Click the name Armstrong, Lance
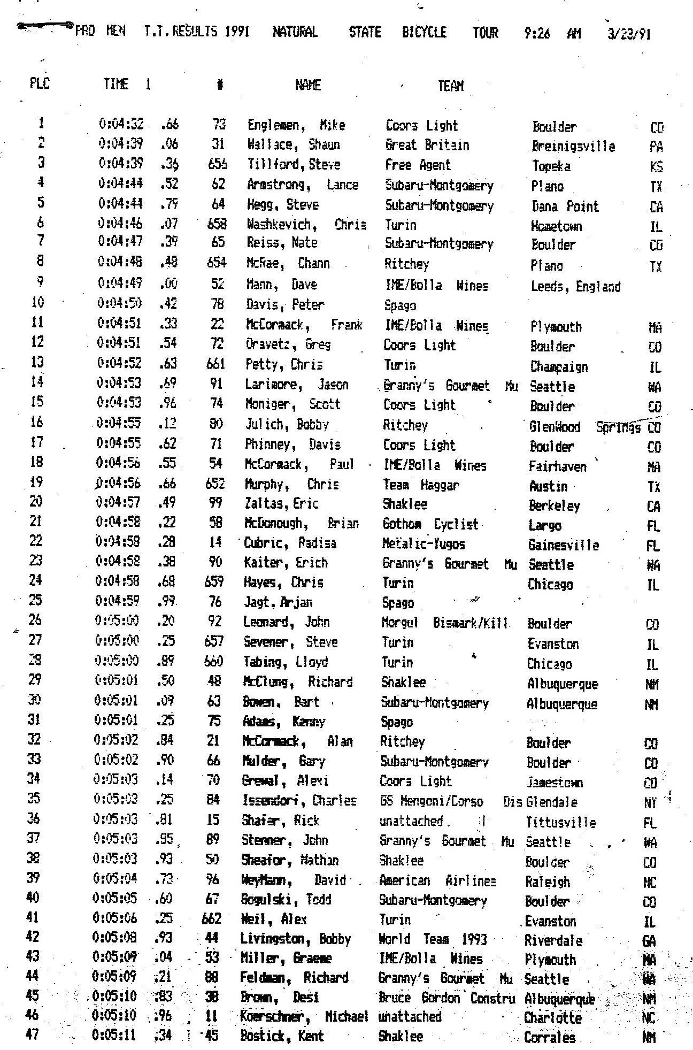(x=302, y=185)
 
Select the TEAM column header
(x=450, y=86)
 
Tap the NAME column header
(x=307, y=85)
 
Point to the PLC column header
(x=39, y=83)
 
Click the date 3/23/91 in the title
(x=629, y=34)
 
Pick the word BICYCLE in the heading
(x=424, y=33)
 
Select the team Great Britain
(x=427, y=145)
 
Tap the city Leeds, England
(x=575, y=287)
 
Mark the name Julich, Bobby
(x=287, y=425)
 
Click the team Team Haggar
(x=421, y=485)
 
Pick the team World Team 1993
(x=433, y=939)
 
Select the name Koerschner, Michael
(x=304, y=1017)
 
